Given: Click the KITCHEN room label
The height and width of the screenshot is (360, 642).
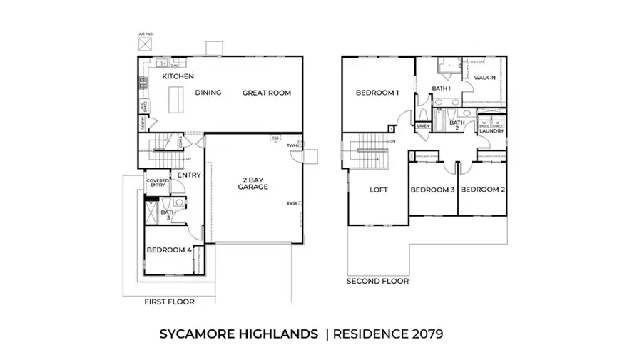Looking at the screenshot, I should point(178,76).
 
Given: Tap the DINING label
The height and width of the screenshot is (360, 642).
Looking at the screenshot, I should point(208,93).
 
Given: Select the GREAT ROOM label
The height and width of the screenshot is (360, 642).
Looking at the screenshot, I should point(267,93).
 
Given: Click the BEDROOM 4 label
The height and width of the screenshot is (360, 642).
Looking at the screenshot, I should point(169,250).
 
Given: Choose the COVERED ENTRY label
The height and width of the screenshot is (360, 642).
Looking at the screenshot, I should point(158,183).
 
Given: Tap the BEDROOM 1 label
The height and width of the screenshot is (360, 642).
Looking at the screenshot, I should point(377,93).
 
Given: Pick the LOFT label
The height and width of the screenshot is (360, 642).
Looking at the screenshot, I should point(378,190).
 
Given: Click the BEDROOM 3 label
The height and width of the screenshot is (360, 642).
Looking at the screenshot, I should point(432,190).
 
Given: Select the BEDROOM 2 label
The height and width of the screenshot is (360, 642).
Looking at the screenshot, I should point(483,190).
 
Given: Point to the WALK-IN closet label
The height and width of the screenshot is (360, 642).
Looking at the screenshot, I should point(485,78).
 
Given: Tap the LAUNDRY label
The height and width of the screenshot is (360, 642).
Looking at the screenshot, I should point(492,131).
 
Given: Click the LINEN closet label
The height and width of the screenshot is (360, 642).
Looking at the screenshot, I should point(423,126).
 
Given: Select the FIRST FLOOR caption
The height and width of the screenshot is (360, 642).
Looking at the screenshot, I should point(169,302).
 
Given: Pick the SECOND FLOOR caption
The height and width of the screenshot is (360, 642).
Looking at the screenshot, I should point(377,282).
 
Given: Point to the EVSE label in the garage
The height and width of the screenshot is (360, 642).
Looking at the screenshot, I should point(292,203).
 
